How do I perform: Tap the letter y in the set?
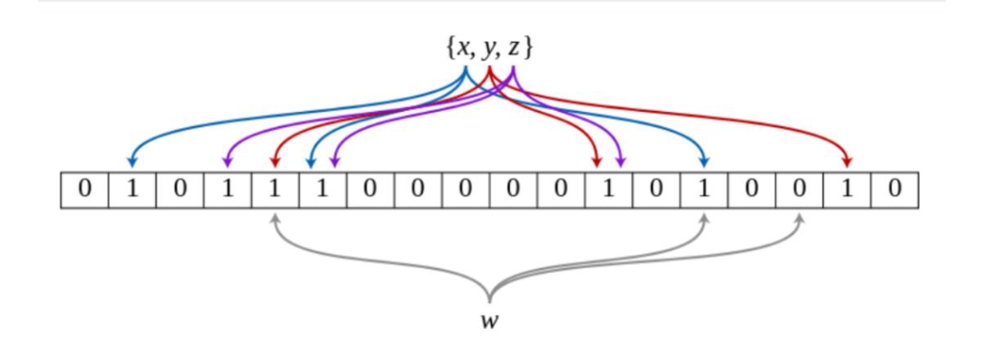point(489,50)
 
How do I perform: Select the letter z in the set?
point(514,48)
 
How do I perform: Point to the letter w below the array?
point(489,322)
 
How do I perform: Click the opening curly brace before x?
point(451,47)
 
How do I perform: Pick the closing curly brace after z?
point(529,47)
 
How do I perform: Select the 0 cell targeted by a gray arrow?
point(800,191)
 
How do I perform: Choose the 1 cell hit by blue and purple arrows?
point(322,191)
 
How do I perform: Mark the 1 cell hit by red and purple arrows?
point(608,191)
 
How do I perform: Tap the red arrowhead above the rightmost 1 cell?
point(847,161)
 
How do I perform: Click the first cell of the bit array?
point(84,191)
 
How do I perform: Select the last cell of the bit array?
point(894,191)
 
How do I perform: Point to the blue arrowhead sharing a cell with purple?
point(311,162)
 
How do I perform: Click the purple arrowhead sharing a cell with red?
point(620,161)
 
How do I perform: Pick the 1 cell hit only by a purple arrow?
point(227,191)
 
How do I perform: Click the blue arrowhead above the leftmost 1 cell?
point(132,161)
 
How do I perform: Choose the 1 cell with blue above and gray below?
point(704,191)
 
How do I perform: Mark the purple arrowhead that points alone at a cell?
point(227,161)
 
